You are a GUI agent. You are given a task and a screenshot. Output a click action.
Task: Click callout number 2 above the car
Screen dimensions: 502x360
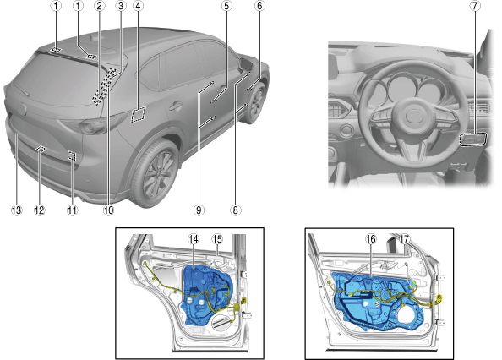[99, 6]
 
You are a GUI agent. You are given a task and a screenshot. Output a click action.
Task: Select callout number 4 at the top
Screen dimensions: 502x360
[139, 6]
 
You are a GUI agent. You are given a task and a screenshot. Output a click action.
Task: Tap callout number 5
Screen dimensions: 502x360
[226, 6]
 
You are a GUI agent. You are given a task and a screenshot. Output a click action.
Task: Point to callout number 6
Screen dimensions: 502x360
[259, 6]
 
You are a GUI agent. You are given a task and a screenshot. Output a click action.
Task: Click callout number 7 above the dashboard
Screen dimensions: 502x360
[475, 6]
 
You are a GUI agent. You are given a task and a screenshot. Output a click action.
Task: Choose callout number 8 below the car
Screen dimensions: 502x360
[236, 210]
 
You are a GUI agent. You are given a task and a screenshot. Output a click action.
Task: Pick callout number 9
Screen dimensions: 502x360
[199, 210]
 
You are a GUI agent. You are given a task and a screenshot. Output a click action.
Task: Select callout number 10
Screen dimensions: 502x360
[108, 210]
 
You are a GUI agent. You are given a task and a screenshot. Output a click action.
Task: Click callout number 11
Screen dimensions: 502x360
[73, 210]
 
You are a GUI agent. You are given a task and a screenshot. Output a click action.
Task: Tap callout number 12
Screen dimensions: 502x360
[40, 210]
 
